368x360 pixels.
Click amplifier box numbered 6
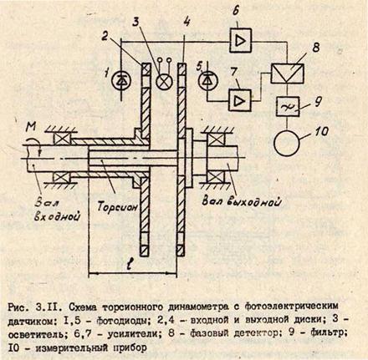(x=241, y=41)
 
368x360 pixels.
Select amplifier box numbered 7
(x=240, y=100)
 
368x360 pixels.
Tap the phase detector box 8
(x=287, y=73)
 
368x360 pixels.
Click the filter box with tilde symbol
(x=288, y=106)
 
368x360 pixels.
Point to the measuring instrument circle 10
(x=287, y=143)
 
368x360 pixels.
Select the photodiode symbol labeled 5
(x=207, y=81)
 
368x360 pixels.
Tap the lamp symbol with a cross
(x=164, y=81)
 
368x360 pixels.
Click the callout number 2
(x=105, y=36)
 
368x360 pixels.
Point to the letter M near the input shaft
(x=31, y=128)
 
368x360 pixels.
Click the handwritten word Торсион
(x=117, y=206)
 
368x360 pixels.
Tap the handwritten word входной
(x=58, y=216)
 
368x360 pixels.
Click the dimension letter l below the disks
(x=129, y=265)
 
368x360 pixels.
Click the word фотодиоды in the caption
(x=121, y=322)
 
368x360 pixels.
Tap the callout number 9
(x=317, y=103)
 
